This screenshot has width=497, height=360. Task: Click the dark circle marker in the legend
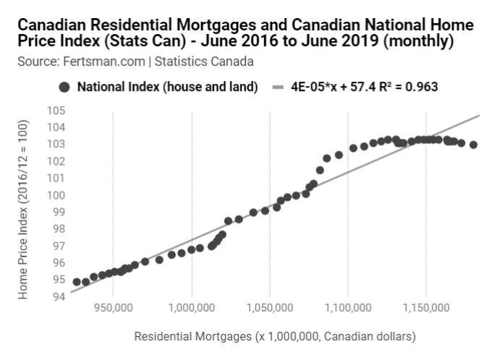coord(64,87)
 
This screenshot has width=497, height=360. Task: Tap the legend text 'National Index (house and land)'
coord(167,87)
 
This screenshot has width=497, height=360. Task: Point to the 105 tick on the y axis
coord(56,111)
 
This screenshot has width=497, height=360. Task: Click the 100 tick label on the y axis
coord(56,195)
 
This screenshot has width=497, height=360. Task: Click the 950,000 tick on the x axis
coord(114,308)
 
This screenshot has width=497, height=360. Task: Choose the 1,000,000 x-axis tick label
coord(192,308)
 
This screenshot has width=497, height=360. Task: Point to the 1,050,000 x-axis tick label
coord(270,308)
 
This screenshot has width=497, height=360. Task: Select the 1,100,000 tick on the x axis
coord(348,308)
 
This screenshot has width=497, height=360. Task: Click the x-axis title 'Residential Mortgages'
coord(276,336)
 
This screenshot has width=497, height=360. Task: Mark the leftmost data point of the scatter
coord(77,281)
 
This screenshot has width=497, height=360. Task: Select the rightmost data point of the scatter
coord(474,145)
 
